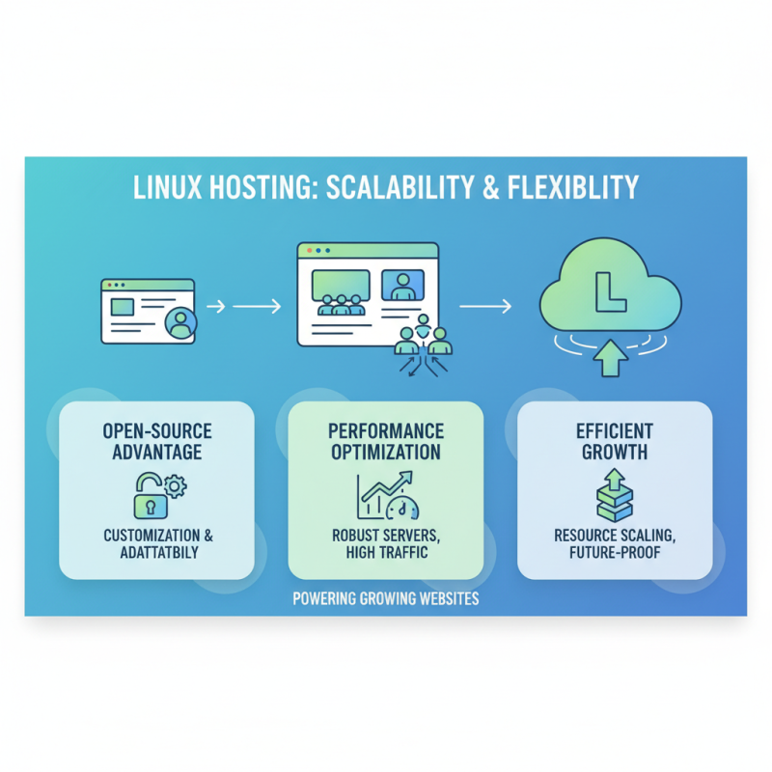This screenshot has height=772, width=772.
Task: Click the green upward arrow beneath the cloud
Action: [x=609, y=358]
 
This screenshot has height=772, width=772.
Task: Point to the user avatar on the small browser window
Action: [x=179, y=323]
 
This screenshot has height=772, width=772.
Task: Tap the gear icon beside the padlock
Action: [x=175, y=485]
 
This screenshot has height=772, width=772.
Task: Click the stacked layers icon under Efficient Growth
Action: [x=614, y=496]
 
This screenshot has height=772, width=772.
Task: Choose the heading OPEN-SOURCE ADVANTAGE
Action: [x=156, y=442]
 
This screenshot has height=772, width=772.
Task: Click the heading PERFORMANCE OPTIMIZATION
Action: [x=385, y=441]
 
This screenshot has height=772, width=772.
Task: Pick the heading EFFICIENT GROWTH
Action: [x=614, y=442]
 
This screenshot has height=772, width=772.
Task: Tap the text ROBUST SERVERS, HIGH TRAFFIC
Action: [x=385, y=543]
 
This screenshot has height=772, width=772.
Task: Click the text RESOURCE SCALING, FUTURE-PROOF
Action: [x=614, y=543]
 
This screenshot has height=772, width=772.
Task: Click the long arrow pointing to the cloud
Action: [x=484, y=307]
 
